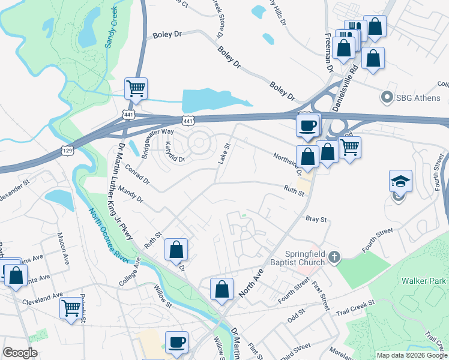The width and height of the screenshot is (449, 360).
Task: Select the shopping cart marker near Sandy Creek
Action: coord(136,89)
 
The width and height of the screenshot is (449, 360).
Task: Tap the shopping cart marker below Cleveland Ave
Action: coord(71,308)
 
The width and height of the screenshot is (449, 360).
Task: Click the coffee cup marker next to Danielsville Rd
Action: coord(308,125)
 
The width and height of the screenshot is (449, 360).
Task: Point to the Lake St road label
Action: coord(223,154)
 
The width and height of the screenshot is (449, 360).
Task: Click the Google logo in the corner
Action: coord(20,353)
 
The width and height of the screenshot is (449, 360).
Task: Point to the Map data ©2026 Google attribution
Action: coord(411,355)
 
